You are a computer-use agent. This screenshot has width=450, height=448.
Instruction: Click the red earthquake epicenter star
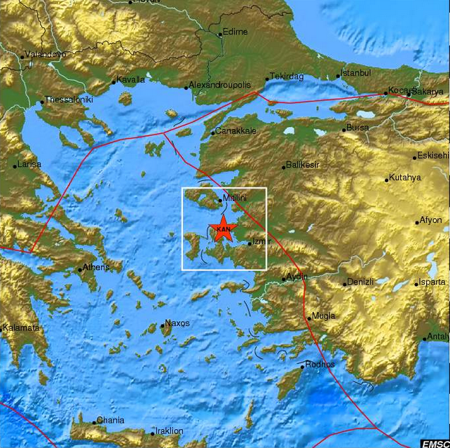(224, 229)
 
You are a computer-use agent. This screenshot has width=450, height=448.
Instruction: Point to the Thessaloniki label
(69, 100)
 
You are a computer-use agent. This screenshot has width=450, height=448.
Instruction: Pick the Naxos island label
(177, 324)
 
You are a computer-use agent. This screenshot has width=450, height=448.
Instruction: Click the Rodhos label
(320, 365)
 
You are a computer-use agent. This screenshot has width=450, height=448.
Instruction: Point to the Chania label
(111, 421)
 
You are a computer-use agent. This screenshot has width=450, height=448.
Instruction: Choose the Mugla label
(324, 315)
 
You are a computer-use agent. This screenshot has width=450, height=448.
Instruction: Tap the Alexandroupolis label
(221, 86)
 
